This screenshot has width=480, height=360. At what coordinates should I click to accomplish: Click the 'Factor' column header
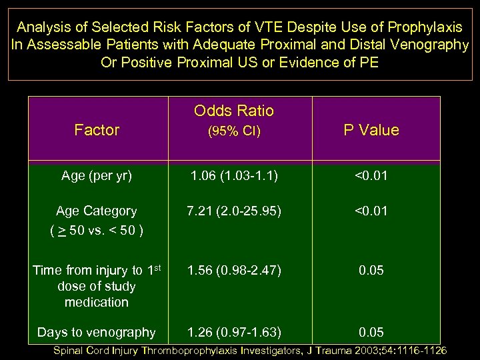point(97,130)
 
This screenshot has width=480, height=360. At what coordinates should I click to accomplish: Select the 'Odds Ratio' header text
point(234,111)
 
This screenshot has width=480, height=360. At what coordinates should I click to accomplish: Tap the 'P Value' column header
point(371,130)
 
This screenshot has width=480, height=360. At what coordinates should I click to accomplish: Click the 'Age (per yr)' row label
point(97,177)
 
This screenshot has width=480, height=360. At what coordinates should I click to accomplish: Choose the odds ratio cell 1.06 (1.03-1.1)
point(234,177)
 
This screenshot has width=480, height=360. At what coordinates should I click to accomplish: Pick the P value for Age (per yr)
point(371,177)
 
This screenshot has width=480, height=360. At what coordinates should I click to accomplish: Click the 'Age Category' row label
point(97,211)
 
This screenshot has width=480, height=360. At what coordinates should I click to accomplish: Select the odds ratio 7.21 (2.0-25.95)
point(234,211)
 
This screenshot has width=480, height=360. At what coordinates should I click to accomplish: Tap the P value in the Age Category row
point(371,211)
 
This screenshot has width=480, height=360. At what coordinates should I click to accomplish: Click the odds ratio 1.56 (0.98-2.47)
point(234,270)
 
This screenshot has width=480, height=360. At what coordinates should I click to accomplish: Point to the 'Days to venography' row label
point(97,332)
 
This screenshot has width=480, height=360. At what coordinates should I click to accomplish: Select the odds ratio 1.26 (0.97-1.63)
point(234,332)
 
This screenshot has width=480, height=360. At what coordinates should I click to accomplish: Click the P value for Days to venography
point(371,332)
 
